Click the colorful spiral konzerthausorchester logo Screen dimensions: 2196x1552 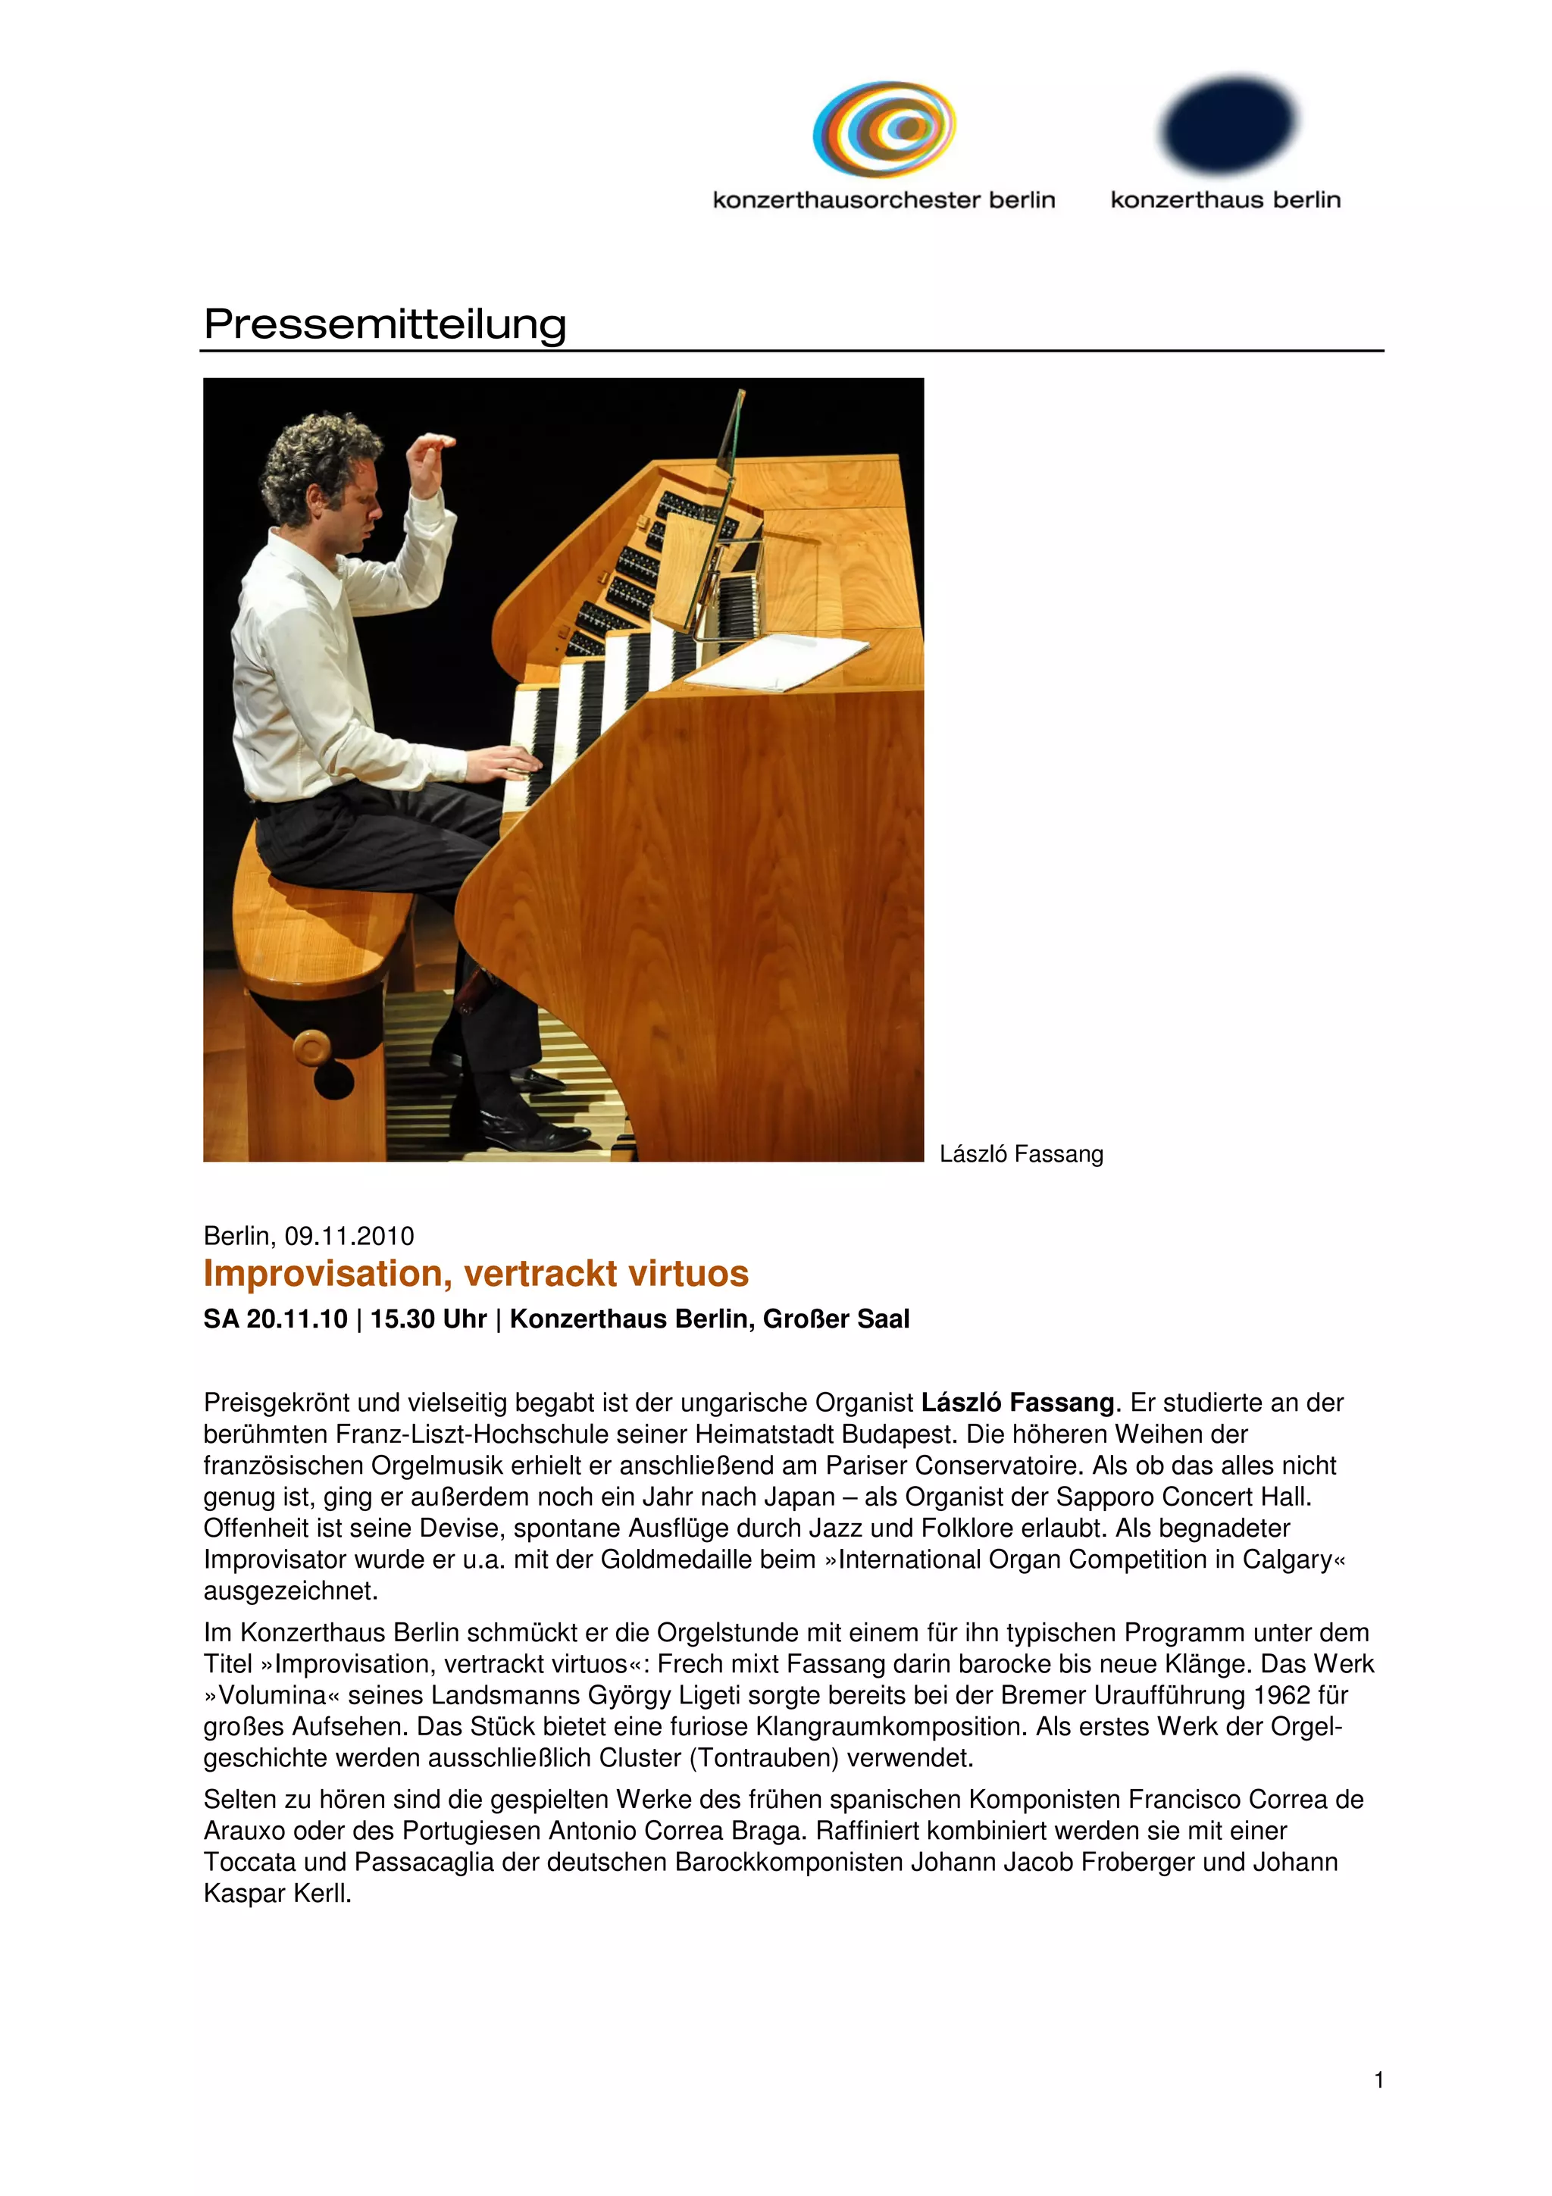point(884,129)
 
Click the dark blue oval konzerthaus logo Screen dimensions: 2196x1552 point(1228,124)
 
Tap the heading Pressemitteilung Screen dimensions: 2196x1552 point(384,324)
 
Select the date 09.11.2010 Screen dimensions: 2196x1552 point(349,1236)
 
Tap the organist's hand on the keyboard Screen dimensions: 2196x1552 point(508,762)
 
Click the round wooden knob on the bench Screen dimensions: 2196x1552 point(311,1048)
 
